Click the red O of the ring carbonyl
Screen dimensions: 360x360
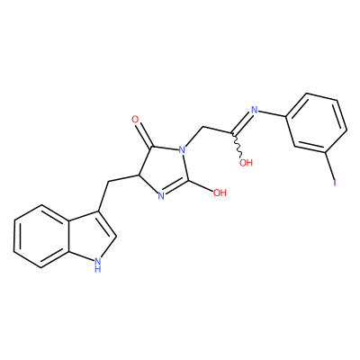(135, 120)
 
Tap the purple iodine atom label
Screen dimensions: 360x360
(335, 183)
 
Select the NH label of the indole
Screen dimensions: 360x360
(97, 265)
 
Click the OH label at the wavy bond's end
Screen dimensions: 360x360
(246, 163)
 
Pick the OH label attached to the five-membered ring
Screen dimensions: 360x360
(220, 193)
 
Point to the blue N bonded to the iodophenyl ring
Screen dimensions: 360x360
(255, 110)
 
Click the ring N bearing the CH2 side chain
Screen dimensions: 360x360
(182, 149)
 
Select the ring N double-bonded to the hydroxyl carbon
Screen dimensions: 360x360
(161, 196)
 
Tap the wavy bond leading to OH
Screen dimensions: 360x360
(238, 145)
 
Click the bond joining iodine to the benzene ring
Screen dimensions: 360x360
(330, 166)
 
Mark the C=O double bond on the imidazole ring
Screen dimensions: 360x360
(145, 136)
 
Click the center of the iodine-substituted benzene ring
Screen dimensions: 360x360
(317, 124)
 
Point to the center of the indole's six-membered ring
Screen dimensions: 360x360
(40, 236)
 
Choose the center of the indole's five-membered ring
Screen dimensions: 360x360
(89, 236)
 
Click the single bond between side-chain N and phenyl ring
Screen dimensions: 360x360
(273, 113)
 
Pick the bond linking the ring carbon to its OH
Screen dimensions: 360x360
(201, 185)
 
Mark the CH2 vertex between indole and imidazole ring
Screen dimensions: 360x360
(107, 182)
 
